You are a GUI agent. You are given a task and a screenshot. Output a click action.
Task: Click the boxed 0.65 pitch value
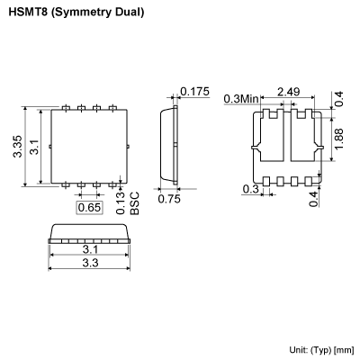click(x=88, y=208)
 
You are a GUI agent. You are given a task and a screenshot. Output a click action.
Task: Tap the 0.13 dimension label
click(x=121, y=203)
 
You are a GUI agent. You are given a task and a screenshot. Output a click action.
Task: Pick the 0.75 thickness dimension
click(x=168, y=200)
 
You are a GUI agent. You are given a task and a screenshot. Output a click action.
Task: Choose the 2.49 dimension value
click(x=289, y=92)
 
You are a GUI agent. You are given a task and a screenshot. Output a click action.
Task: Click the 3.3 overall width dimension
click(x=88, y=263)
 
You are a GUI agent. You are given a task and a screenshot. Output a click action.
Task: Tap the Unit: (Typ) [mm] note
click(x=321, y=349)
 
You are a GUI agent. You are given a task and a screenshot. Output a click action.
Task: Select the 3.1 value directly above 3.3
click(x=88, y=249)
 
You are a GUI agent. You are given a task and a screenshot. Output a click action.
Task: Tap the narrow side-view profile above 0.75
click(x=168, y=145)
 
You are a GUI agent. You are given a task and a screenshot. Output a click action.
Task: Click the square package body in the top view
click(x=88, y=146)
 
